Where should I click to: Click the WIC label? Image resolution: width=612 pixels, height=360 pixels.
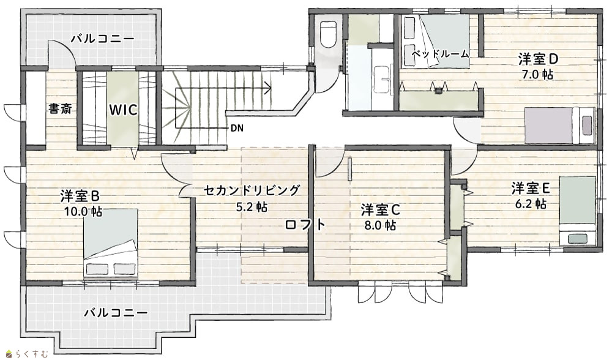(123, 110)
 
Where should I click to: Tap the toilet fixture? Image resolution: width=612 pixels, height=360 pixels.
(328, 34)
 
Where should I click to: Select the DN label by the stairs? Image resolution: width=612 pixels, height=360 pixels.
(237, 128)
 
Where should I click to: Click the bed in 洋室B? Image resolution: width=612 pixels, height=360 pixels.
(111, 244)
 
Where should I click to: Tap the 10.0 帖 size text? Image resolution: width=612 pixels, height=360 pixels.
(83, 212)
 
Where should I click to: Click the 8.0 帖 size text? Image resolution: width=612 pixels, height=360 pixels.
(380, 225)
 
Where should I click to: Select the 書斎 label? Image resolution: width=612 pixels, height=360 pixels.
(60, 108)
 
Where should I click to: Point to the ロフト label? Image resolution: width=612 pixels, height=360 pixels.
(305, 225)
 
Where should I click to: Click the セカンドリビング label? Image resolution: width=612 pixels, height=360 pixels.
(252, 190)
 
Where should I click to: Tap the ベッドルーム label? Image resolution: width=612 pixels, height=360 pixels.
(440, 54)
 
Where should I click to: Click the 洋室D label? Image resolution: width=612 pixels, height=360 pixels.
(538, 59)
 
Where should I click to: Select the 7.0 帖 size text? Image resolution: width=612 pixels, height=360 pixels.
(538, 75)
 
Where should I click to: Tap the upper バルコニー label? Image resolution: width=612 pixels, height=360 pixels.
(103, 39)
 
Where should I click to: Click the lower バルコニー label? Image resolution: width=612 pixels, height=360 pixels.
(116, 313)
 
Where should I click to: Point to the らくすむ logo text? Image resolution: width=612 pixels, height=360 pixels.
(29, 354)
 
